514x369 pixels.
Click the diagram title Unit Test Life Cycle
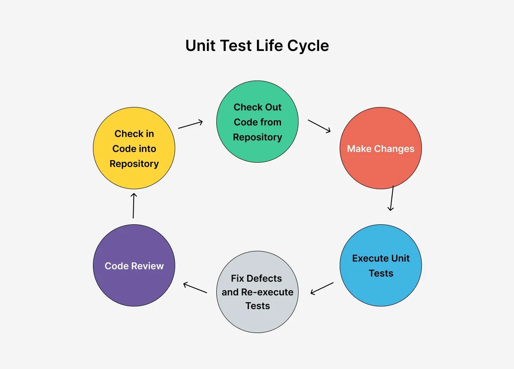point(257,45)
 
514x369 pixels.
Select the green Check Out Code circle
point(257,122)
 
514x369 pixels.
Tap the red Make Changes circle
point(380,149)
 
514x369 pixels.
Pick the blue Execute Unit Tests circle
point(380,265)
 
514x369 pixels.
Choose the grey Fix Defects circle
point(257,292)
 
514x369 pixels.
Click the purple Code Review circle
point(134,265)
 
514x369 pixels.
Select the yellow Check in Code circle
point(134,149)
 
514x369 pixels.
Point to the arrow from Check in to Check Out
point(191,125)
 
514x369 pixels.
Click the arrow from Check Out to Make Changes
point(320,126)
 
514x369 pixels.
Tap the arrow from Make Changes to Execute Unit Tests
point(391,198)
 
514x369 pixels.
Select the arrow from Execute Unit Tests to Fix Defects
point(322,288)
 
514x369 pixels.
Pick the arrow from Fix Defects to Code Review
point(195,288)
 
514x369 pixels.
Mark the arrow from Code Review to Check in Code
point(134,206)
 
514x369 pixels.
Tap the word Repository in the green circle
point(257,137)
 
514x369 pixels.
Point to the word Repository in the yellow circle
point(134,164)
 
